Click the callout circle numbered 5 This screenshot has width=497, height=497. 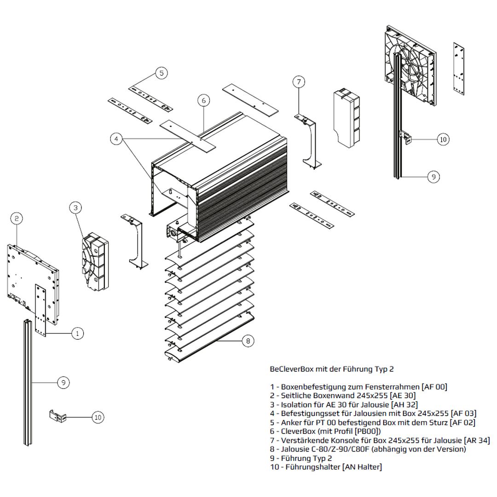click(161, 73)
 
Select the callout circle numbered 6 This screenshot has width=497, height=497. click(204, 100)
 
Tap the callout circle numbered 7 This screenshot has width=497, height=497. click(299, 82)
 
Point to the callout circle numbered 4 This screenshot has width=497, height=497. click(116, 138)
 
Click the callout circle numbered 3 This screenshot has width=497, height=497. click(75, 208)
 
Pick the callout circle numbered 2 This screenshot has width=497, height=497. click(16, 218)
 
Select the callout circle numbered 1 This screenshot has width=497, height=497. click(77, 333)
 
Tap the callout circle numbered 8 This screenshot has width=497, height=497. click(248, 341)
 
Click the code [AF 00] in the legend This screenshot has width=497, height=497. click(434, 387)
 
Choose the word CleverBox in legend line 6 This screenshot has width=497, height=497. click(298, 431)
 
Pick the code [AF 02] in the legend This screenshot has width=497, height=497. click(462, 422)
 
